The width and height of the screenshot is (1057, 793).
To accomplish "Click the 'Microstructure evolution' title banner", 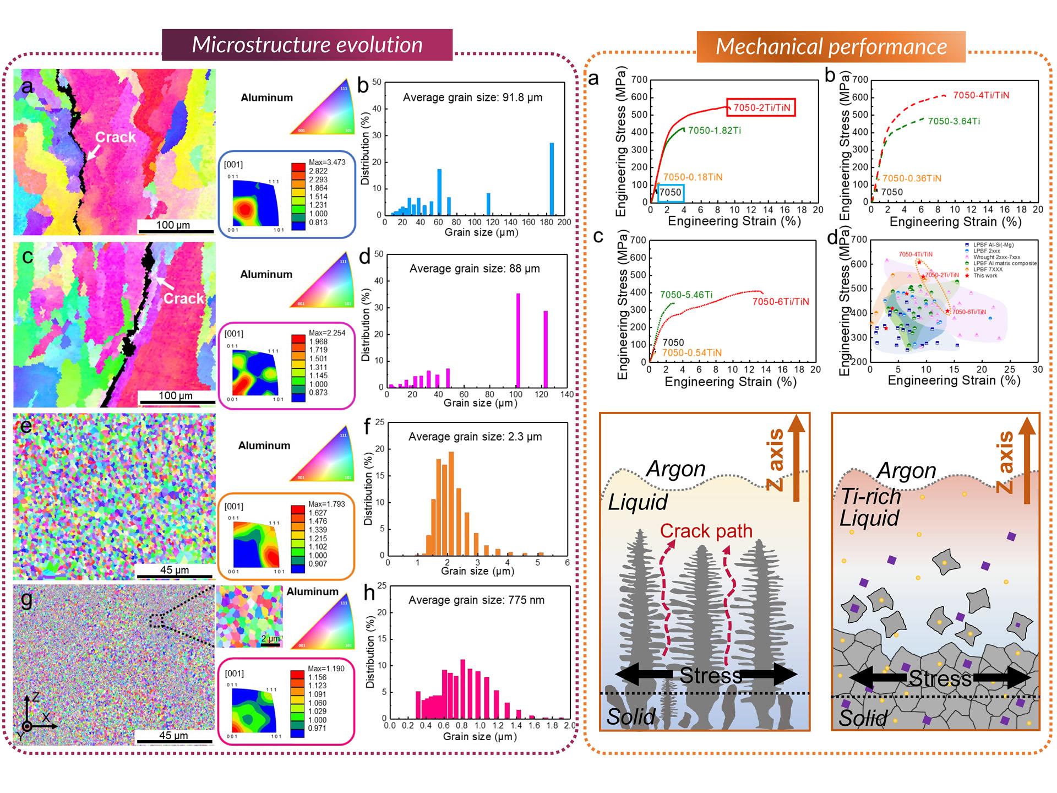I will click(x=307, y=45).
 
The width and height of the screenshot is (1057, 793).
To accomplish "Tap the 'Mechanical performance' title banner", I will click(x=831, y=47).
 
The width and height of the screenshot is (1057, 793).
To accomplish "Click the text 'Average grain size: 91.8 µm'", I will click(x=472, y=97).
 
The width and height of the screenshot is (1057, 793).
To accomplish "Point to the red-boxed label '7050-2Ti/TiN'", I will click(x=761, y=107).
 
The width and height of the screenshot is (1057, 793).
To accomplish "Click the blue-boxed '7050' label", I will click(x=670, y=192).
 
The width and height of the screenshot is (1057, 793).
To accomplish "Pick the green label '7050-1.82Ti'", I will click(x=714, y=131).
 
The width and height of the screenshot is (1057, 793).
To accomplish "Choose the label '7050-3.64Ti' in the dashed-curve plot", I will click(x=954, y=121).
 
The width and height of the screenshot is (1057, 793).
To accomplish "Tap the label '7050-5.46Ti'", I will click(x=686, y=295).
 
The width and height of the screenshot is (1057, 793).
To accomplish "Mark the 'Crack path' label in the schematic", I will click(x=706, y=531).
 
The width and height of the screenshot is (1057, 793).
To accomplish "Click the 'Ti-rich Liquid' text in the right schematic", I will click(x=870, y=507).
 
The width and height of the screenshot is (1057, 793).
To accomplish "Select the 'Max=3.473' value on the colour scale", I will click(x=327, y=162).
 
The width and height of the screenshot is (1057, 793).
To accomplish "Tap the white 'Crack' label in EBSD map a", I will click(x=115, y=137).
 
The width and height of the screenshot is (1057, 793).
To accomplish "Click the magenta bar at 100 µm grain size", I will click(x=518, y=340).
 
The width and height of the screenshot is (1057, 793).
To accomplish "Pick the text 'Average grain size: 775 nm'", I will click(x=476, y=600).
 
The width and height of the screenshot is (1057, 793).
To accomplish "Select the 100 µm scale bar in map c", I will click(x=176, y=401).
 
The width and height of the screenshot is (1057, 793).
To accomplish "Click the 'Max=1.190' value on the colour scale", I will click(x=326, y=669).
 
